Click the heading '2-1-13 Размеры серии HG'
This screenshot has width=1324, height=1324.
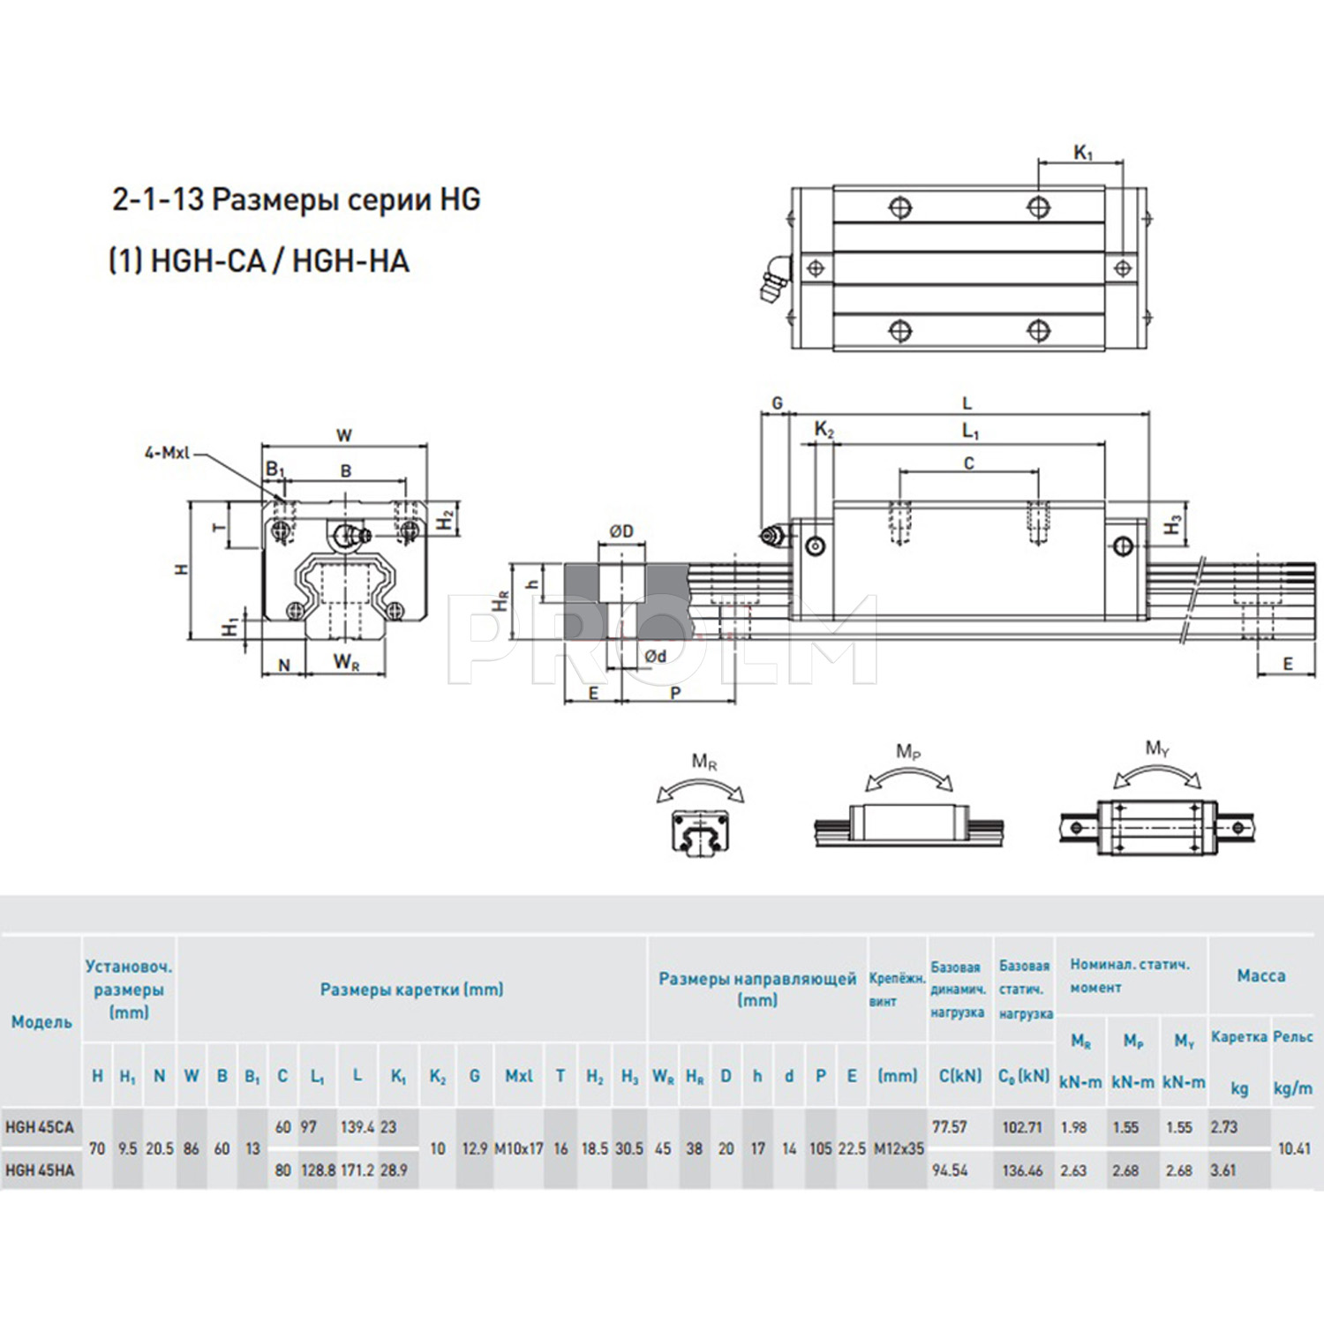click(296, 199)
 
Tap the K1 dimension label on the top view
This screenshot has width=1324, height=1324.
click(1083, 153)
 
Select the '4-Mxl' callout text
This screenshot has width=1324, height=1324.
click(167, 453)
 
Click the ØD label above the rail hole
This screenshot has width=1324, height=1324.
click(621, 531)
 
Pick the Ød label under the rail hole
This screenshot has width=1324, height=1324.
click(655, 656)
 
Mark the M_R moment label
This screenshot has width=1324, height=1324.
click(704, 762)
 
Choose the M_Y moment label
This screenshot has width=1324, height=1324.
click(1157, 749)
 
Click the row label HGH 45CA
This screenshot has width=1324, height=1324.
click(40, 1127)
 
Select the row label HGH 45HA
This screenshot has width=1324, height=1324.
click(40, 1170)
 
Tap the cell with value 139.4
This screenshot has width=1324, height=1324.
click(357, 1127)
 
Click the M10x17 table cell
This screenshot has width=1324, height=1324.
click(518, 1148)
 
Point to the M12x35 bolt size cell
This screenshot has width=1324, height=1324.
click(899, 1148)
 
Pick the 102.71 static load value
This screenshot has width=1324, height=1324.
click(1022, 1127)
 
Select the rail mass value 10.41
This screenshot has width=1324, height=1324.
click(1294, 1148)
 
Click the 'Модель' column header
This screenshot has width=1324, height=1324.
click(41, 1022)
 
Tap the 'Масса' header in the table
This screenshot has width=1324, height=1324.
click(1260, 975)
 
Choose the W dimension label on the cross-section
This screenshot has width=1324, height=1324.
click(344, 435)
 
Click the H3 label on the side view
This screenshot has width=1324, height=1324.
click(1172, 525)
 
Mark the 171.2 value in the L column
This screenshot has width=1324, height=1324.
click(357, 1170)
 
